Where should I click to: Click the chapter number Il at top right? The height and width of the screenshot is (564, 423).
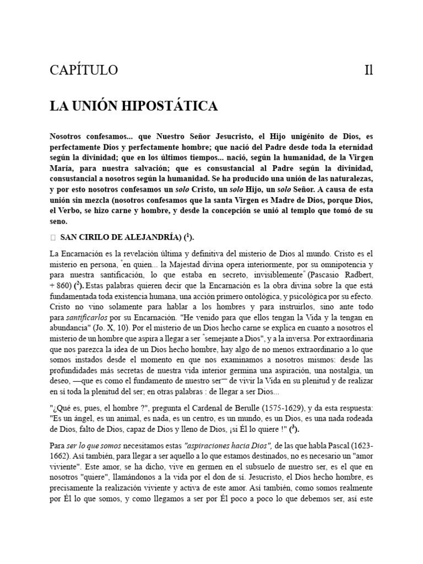tap(368, 70)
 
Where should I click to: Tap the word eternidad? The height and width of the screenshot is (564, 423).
tap(351, 148)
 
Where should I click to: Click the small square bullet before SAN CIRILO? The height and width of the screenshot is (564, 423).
tap(52, 237)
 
